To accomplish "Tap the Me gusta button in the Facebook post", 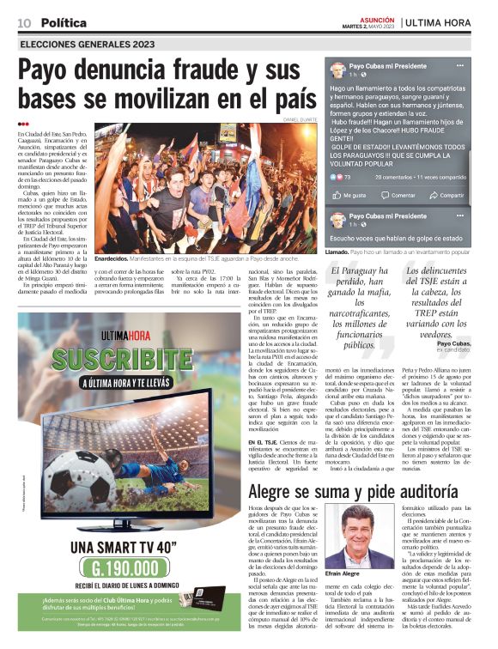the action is [x=354, y=195].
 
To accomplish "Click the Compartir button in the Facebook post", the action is [x=451, y=195].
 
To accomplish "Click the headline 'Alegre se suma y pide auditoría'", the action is [x=360, y=493].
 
